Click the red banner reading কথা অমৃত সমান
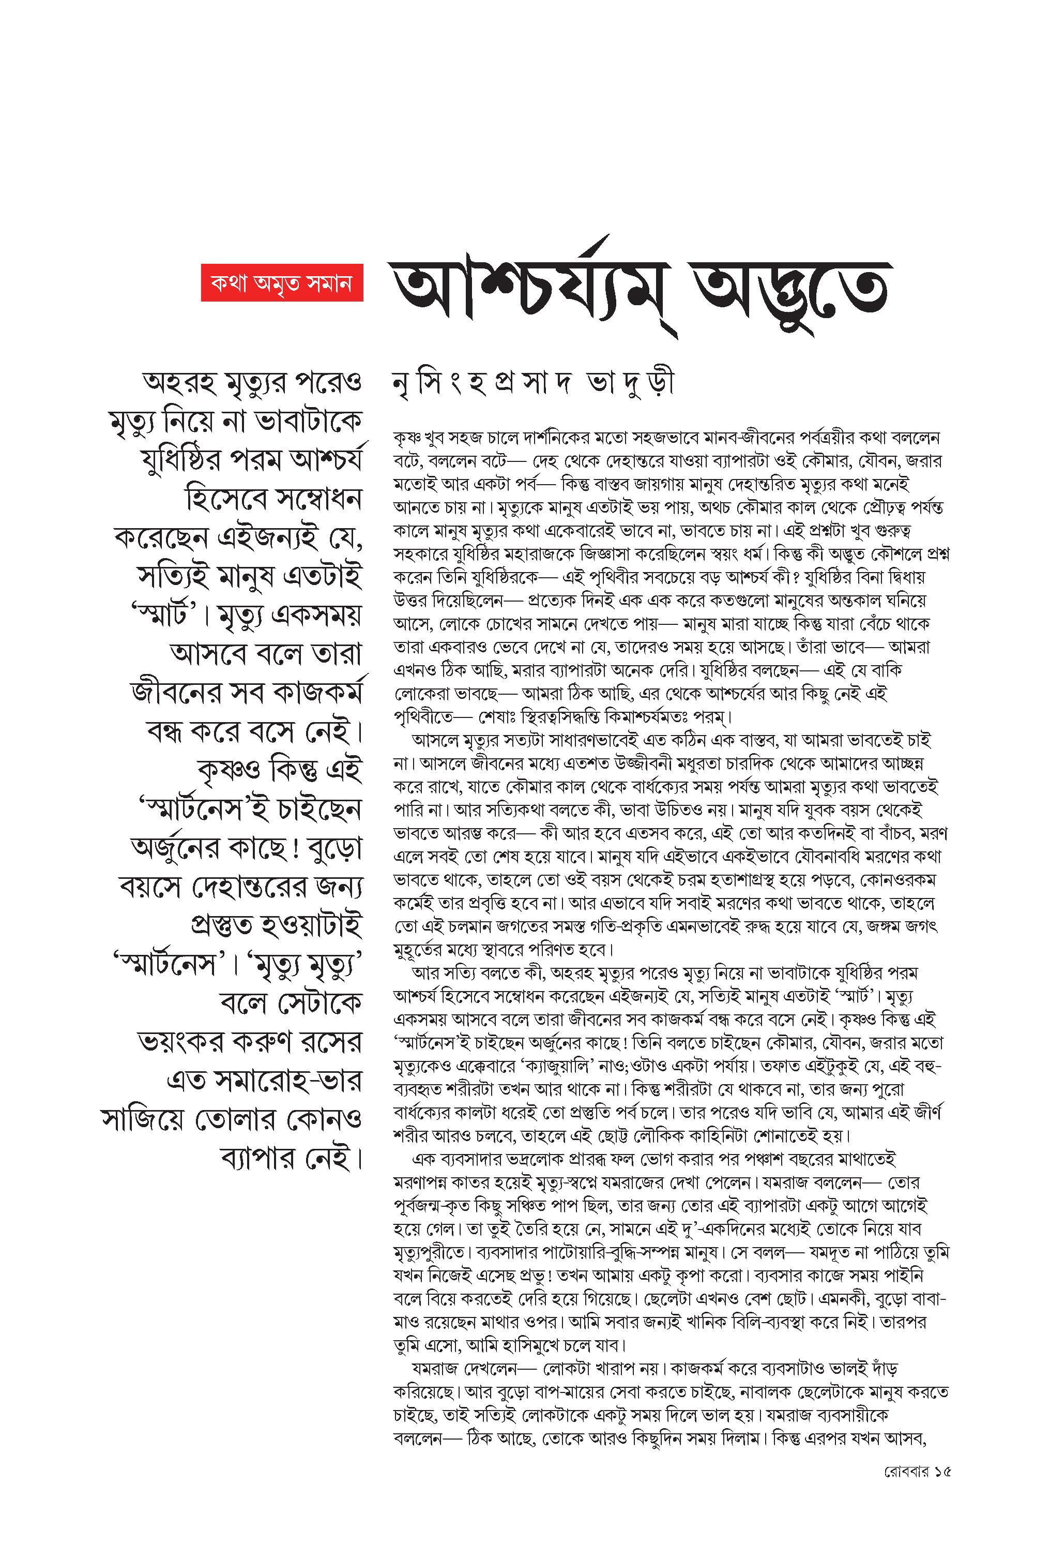[281, 282]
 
